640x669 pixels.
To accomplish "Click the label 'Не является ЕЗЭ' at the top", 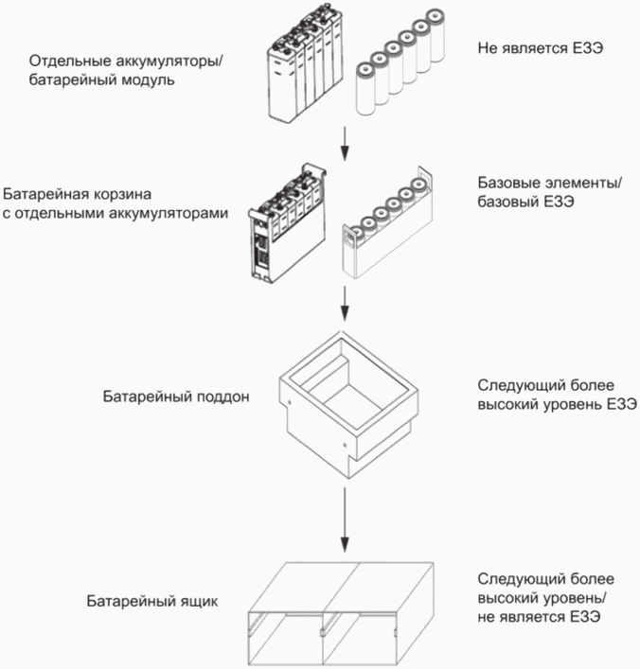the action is [540, 48].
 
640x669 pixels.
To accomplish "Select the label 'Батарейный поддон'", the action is [176, 396].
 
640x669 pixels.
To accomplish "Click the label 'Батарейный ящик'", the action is [152, 601].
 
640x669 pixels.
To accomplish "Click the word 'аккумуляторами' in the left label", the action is [169, 213].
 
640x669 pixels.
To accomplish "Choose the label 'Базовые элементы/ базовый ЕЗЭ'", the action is [550, 192].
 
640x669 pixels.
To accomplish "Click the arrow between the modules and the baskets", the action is [345, 144].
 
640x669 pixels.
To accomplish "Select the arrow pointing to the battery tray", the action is [345, 304].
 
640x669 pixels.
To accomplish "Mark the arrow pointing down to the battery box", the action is [345, 520].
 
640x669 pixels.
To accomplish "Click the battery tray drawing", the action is [348, 404].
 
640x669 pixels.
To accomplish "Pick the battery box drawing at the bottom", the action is [341, 614].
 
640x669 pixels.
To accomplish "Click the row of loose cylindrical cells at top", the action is [400, 62].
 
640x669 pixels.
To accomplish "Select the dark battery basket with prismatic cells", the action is [288, 223].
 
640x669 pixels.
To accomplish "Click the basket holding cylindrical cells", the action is [387, 223].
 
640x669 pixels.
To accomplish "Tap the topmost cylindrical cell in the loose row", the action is [436, 35].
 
